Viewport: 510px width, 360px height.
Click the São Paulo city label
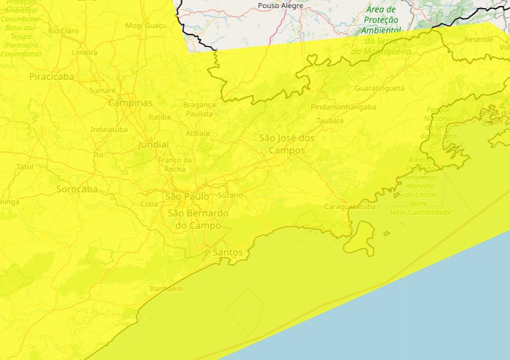(x=187, y=196)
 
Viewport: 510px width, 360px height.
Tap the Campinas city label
(x=130, y=103)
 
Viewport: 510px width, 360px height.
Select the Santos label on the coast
(x=227, y=252)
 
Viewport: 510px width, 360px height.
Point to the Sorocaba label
(x=77, y=189)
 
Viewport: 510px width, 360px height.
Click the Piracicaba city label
(x=53, y=76)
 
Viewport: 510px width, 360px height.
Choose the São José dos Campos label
(x=287, y=144)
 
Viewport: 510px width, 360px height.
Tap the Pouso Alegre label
(x=281, y=6)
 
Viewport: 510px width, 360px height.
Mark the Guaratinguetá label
(x=379, y=88)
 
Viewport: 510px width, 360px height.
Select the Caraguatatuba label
(x=350, y=207)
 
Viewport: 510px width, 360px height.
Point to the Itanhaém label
(x=166, y=289)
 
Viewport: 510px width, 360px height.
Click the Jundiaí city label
(x=153, y=144)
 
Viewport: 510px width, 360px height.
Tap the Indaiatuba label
(x=108, y=129)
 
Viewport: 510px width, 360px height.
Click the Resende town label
(x=478, y=39)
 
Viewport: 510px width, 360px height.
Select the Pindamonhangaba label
(x=344, y=107)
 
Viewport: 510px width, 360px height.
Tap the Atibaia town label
(x=197, y=133)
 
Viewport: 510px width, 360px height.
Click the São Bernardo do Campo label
(x=198, y=219)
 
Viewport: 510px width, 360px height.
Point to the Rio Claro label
(x=64, y=31)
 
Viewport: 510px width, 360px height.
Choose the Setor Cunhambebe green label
(x=421, y=213)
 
